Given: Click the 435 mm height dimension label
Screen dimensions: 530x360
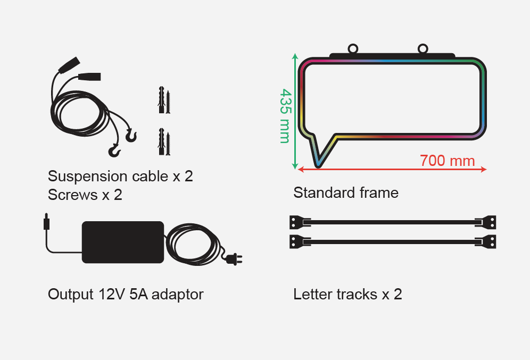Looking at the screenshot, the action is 285,116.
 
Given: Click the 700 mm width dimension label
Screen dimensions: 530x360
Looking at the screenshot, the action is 447,161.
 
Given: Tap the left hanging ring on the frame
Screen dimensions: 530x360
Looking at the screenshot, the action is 353,48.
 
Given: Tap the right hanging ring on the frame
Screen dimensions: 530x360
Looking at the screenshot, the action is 423,48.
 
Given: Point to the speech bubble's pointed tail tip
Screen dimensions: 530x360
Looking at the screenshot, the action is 318,166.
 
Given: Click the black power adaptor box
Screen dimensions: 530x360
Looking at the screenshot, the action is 123,242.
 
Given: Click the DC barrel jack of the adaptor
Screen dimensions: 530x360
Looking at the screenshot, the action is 46,222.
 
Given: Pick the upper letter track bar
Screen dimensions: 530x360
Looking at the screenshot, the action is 392,222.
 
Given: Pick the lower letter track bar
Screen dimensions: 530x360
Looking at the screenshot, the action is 392,242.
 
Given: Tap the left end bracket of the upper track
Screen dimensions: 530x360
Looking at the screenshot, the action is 300,222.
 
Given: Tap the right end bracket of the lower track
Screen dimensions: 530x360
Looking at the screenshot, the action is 485,242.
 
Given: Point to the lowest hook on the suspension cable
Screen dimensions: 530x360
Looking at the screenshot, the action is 114,151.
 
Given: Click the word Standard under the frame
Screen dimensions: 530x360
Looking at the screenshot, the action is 324,193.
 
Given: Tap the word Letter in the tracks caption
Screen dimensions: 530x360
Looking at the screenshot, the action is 312,294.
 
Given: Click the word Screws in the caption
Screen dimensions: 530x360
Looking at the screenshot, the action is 73,195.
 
